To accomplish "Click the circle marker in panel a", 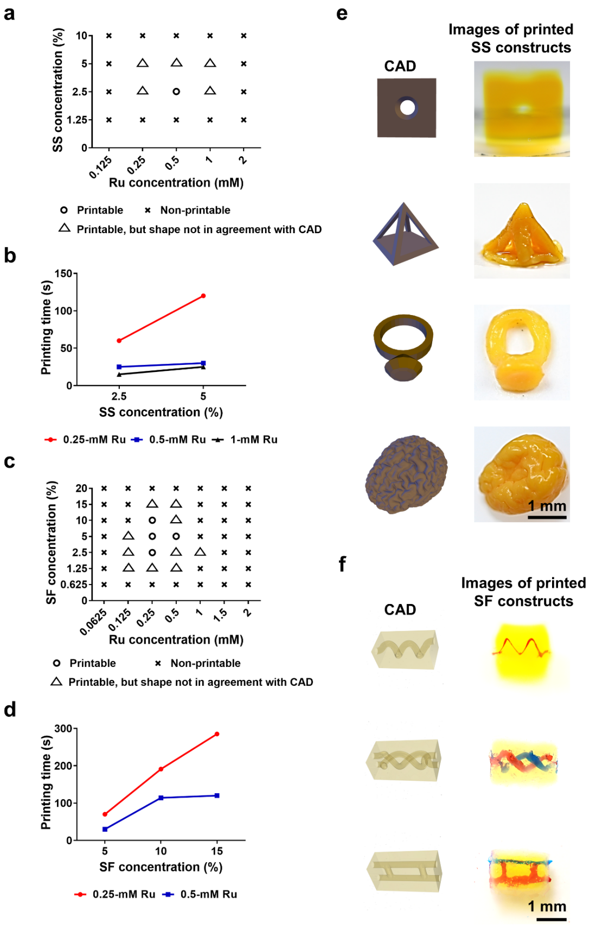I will (176, 92).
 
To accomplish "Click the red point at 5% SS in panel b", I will (203, 296).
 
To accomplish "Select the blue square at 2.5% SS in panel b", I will (119, 367).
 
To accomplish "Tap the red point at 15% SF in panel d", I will (217, 734).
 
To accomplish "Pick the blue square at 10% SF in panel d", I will (161, 798).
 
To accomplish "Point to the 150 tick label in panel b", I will (63, 274).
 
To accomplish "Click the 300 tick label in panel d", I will (63, 729).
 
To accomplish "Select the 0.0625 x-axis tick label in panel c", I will (93, 622).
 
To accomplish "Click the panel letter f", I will (342, 564).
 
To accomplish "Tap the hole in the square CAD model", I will (407, 108).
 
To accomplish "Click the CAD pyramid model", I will (405, 234).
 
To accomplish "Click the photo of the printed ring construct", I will (522, 352).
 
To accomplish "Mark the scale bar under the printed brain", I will (547, 518).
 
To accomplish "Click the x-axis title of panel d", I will (161, 867).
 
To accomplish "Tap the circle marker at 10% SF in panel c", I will (152, 520).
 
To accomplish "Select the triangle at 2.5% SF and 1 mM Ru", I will (200, 552).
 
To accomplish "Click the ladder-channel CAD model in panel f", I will (405, 871).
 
